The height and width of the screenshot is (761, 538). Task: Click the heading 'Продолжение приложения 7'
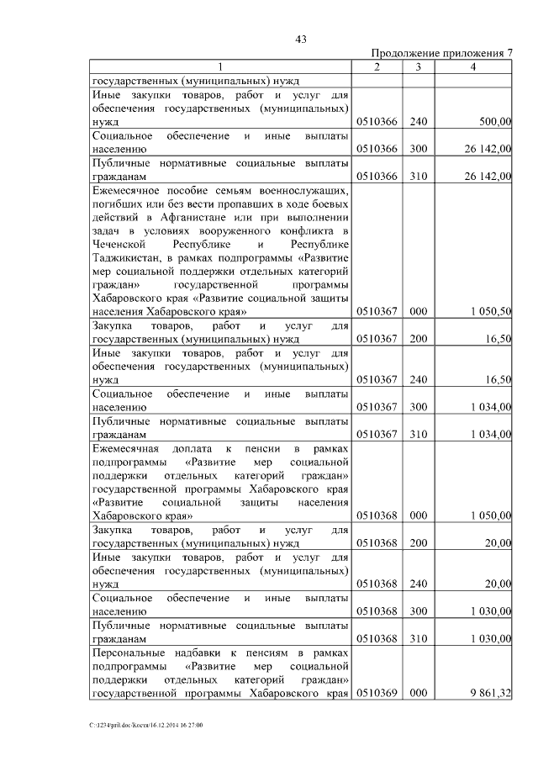tap(442, 53)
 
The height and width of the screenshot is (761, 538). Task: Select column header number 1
tap(220, 67)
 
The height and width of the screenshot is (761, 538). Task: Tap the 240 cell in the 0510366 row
tap(419, 122)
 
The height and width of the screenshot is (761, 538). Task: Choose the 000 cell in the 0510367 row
tap(419, 311)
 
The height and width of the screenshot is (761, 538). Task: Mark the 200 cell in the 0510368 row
tap(419, 543)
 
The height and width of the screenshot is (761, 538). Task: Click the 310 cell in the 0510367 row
tap(419, 434)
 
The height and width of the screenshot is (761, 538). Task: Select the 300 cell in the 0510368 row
tap(419, 611)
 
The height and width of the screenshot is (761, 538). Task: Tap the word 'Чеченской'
tap(120, 244)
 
